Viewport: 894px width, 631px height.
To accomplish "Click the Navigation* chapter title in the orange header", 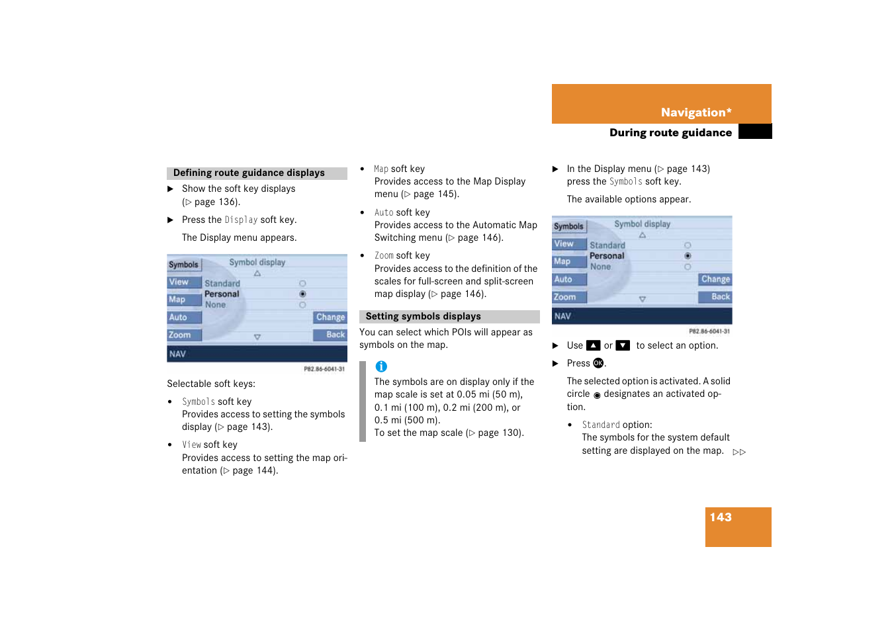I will tap(695, 112).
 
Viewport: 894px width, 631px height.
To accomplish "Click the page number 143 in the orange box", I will tap(720, 517).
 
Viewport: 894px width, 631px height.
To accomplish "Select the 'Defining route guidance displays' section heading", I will tap(249, 173).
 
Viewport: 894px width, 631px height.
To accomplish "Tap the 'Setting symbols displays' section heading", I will tap(423, 317).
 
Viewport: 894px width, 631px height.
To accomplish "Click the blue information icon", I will tap(381, 366).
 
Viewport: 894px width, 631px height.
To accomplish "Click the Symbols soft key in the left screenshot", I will tap(183, 265).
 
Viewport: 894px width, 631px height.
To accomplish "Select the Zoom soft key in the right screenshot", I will tap(566, 298).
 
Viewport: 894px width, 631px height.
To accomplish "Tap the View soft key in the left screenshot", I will tap(180, 282).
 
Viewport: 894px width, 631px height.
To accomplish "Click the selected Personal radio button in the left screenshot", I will tap(302, 294).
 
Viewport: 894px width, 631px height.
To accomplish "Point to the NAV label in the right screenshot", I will tap(562, 317).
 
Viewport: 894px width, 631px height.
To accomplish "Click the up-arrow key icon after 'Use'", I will tap(594, 345).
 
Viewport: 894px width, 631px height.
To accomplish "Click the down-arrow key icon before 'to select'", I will tap(623, 345).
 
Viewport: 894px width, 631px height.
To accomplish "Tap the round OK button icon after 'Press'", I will tap(598, 363).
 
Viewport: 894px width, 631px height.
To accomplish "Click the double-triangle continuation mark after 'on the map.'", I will tap(739, 452).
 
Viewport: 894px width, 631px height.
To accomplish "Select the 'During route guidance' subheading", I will tap(670, 133).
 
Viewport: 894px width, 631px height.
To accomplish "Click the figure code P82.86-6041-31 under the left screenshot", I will tap(324, 369).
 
